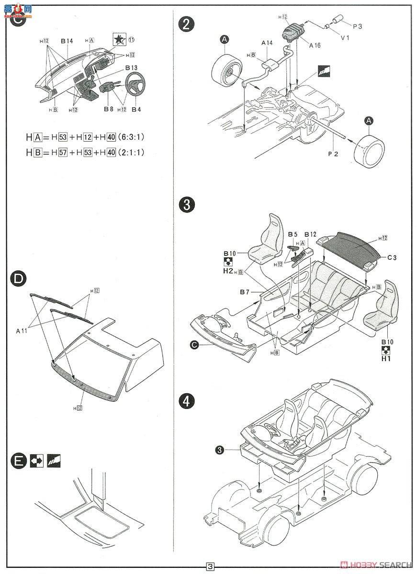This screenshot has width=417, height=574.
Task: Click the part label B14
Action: point(67,41)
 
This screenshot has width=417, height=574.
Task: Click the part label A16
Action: point(315,45)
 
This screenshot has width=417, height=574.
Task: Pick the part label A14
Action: point(267,43)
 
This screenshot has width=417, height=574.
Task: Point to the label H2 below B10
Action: point(228,271)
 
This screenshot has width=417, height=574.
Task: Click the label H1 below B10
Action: point(386,358)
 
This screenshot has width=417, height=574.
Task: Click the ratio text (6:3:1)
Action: point(132,137)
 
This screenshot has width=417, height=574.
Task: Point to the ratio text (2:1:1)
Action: point(132,153)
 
